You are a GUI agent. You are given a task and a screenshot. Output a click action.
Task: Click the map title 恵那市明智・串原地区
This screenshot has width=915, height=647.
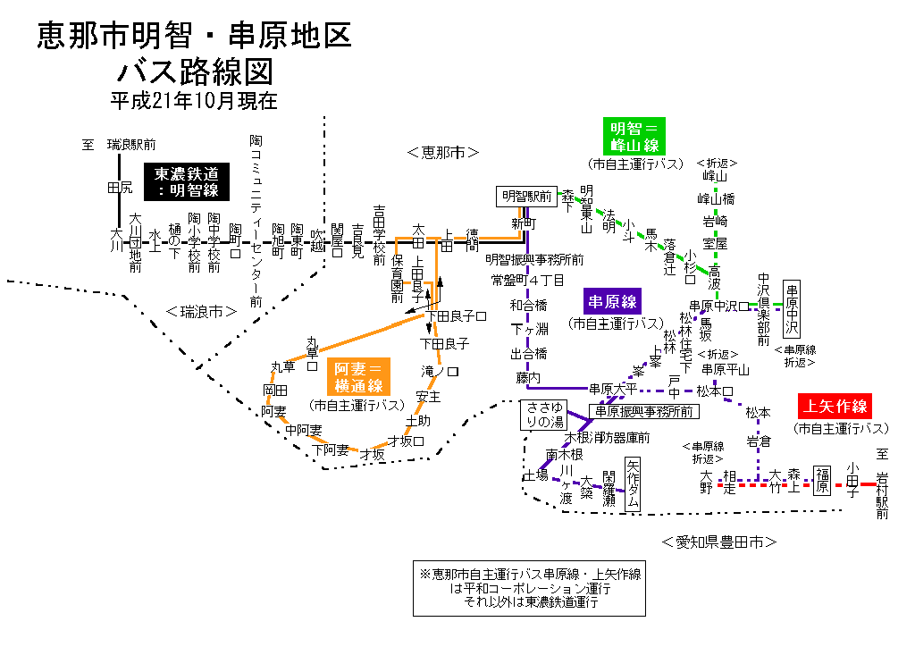[195, 36]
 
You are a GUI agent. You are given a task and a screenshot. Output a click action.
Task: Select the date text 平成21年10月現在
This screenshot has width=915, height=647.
[194, 100]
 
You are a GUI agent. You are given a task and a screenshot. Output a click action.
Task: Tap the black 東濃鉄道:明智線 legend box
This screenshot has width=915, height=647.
[186, 182]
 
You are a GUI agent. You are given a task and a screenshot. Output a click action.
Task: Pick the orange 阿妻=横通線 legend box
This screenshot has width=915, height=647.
[357, 377]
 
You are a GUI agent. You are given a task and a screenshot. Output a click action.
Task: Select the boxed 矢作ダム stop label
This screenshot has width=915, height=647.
[633, 483]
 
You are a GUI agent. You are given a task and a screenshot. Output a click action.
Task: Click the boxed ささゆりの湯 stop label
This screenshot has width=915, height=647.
[544, 415]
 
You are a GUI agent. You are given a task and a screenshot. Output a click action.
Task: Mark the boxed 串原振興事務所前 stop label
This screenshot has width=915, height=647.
[643, 411]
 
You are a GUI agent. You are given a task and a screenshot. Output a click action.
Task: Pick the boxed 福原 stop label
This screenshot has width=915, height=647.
[821, 481]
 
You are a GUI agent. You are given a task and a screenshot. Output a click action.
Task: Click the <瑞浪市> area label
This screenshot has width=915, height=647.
[201, 312]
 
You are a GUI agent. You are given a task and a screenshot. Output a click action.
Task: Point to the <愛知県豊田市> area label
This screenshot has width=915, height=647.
[719, 542]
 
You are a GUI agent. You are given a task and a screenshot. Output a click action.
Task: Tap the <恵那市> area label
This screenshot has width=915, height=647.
[443, 152]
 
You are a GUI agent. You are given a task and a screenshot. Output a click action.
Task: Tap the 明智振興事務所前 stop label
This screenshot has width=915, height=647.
[534, 259]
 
